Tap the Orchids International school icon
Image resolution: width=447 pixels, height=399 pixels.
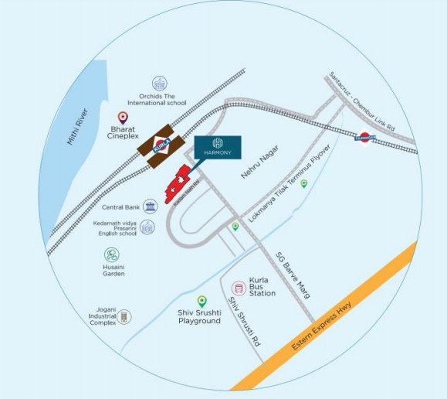[x=160, y=84]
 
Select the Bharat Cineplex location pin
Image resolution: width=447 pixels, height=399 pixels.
[x=123, y=117]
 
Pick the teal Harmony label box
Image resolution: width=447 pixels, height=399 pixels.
[x=217, y=147]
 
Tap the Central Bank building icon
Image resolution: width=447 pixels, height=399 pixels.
[x=151, y=206]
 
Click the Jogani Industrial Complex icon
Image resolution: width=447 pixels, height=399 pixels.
[x=124, y=316]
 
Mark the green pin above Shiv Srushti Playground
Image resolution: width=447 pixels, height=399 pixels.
[x=202, y=301]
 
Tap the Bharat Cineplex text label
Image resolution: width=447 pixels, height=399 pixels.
[x=123, y=131]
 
